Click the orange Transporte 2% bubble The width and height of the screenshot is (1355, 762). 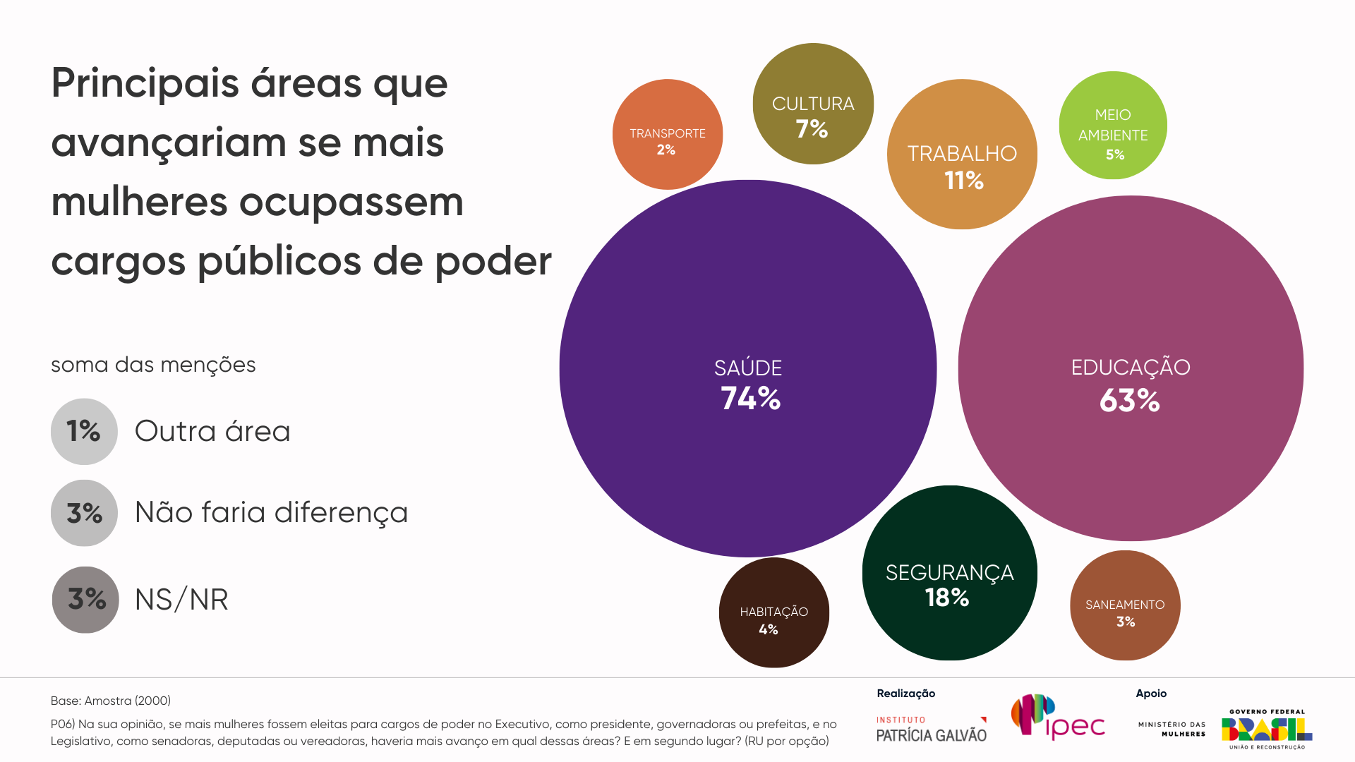(667, 134)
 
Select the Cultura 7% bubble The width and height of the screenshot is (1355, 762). (813, 104)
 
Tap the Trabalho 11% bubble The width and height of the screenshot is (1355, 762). (962, 155)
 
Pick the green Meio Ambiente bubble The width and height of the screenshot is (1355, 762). (1113, 126)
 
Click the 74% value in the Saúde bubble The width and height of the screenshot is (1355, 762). (750, 399)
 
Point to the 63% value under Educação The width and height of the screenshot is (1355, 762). (1129, 401)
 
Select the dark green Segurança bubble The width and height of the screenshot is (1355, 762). (949, 573)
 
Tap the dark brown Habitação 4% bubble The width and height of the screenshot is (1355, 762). (773, 612)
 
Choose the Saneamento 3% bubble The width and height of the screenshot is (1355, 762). (1125, 605)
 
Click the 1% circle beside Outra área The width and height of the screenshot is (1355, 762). (84, 431)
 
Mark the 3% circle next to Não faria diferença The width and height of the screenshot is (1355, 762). (84, 513)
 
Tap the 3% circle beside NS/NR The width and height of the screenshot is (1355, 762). (85, 600)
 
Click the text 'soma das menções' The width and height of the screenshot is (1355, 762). (153, 365)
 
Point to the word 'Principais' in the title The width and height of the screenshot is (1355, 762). (145, 83)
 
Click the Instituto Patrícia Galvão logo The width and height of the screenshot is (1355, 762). (931, 730)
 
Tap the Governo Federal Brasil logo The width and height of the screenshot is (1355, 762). (1267, 729)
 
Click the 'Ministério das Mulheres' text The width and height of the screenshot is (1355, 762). (1172, 729)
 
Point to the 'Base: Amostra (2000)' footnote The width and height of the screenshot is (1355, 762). (111, 701)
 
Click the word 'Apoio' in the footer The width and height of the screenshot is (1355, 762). (1151, 694)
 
